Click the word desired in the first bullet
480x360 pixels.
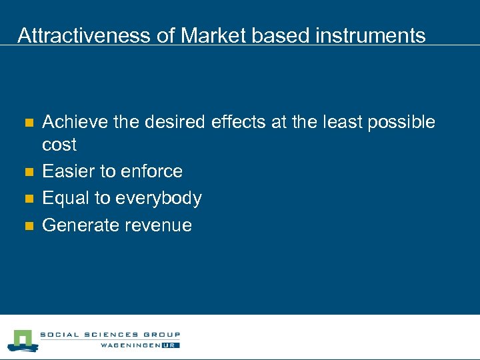175,122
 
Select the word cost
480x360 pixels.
59,145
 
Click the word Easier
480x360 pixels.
69,171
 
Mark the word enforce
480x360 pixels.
152,171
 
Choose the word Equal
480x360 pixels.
66,198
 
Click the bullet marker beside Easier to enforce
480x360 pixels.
28,172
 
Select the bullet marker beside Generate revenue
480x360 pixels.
28,226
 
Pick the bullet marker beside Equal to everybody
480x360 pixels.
28,199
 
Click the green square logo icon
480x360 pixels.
22,340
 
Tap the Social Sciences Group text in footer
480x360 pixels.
109,335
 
